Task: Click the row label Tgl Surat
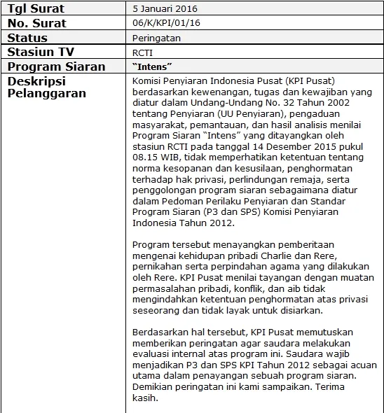coord(36,9)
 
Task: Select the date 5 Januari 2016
coord(165,9)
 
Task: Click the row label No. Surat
coord(36,23)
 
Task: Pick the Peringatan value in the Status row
coord(156,38)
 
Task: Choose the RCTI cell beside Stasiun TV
coord(143,52)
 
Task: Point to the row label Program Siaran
coord(56,66)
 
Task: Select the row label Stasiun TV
coord(41,52)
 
